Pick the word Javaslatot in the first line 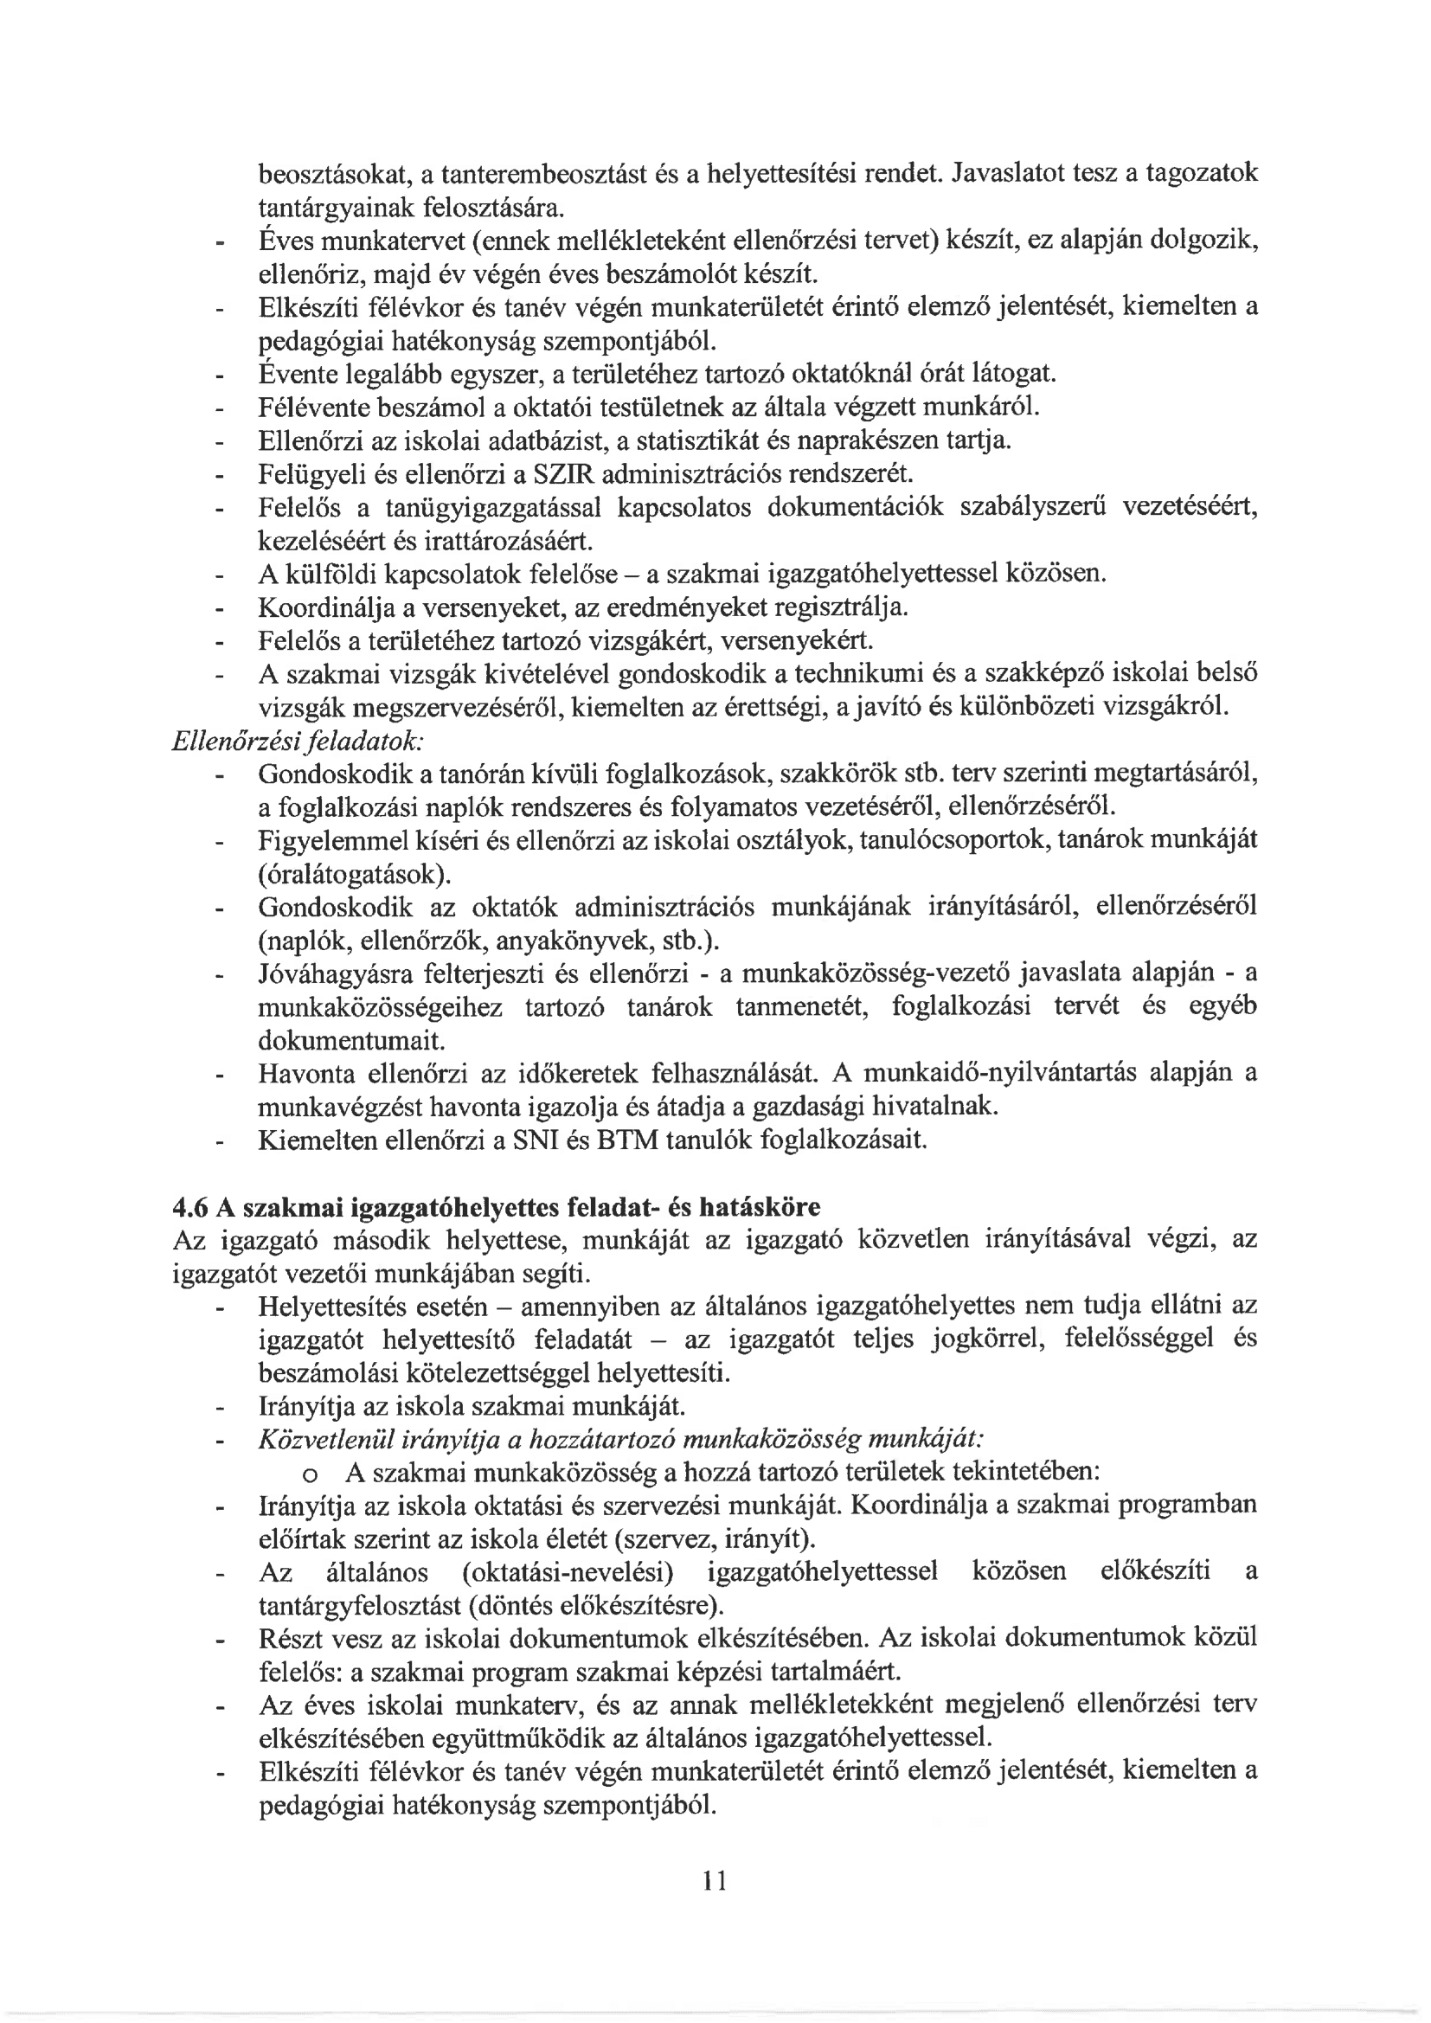[x=1001, y=174]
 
